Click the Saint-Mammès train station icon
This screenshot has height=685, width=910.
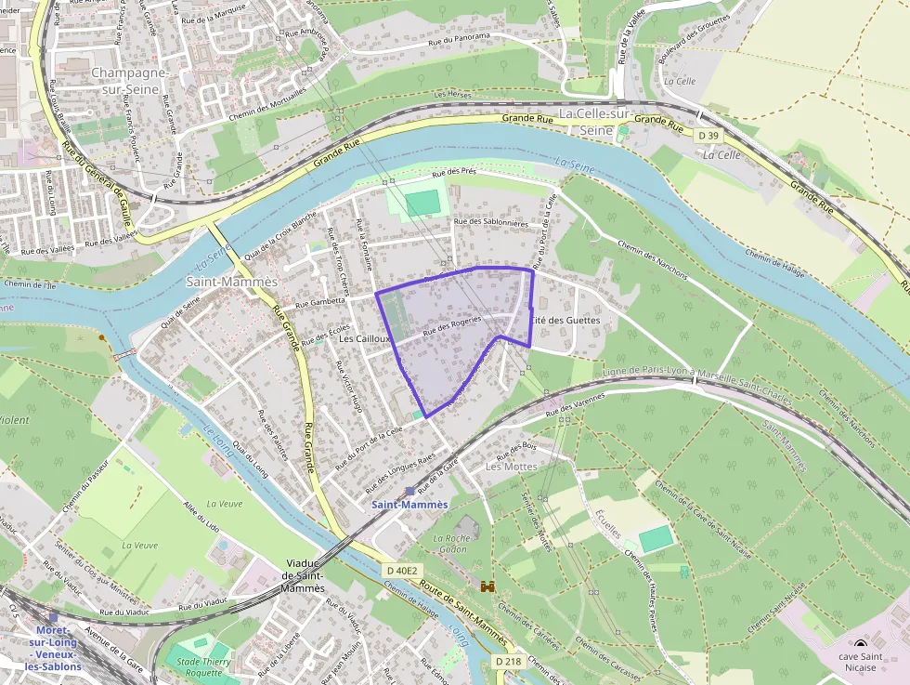409,491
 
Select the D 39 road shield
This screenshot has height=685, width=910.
708,136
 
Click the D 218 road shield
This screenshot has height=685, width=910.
508,661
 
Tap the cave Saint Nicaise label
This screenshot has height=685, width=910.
862,663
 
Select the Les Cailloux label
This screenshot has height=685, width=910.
365,339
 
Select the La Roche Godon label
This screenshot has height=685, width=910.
449,544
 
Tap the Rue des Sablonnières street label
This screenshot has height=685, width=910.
490,223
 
